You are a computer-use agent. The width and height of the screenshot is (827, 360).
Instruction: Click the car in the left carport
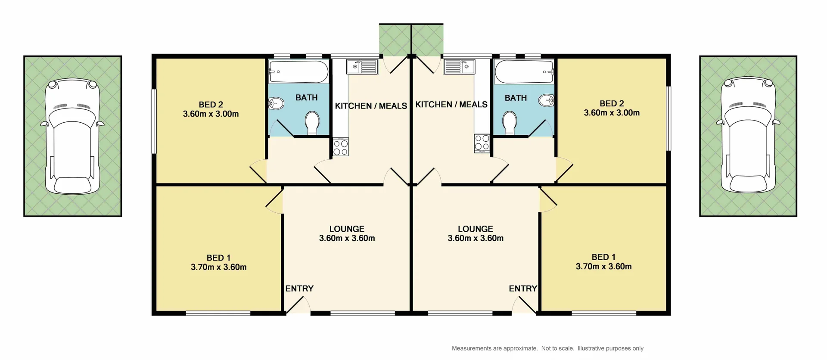[x=73, y=136]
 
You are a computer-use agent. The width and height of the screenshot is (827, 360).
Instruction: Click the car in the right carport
[x=748, y=135]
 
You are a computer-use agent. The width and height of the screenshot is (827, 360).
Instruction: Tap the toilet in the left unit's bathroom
[x=312, y=122]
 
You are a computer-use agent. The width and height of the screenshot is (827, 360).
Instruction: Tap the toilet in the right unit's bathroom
[x=510, y=122]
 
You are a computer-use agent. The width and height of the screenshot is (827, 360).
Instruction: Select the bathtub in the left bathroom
[x=298, y=71]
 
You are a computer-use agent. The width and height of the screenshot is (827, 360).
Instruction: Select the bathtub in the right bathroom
[x=524, y=71]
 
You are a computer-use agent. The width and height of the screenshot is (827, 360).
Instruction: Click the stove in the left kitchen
[x=341, y=146]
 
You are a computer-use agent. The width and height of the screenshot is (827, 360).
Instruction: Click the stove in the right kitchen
[x=482, y=143]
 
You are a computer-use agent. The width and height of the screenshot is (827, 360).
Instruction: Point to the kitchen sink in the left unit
[x=362, y=67]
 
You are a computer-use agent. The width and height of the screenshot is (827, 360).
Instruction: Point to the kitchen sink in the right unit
[x=459, y=67]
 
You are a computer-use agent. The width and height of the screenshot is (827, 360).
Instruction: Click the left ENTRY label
[x=299, y=289]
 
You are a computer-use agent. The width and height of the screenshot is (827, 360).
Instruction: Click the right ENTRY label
[x=523, y=289]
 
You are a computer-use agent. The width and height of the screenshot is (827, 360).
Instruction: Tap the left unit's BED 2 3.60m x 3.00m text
[x=211, y=109]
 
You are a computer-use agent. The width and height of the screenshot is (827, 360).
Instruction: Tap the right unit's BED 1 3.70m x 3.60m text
[x=603, y=262]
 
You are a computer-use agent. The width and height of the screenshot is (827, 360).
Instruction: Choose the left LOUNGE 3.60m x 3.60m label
[x=347, y=233]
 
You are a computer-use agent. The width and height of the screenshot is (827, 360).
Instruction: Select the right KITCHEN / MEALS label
[x=451, y=105]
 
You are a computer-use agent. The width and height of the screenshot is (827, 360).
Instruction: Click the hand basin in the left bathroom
[x=276, y=103]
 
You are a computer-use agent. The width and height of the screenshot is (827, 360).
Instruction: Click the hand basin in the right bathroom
[x=547, y=100]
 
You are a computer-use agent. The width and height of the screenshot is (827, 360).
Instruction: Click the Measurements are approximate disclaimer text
[x=547, y=348]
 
